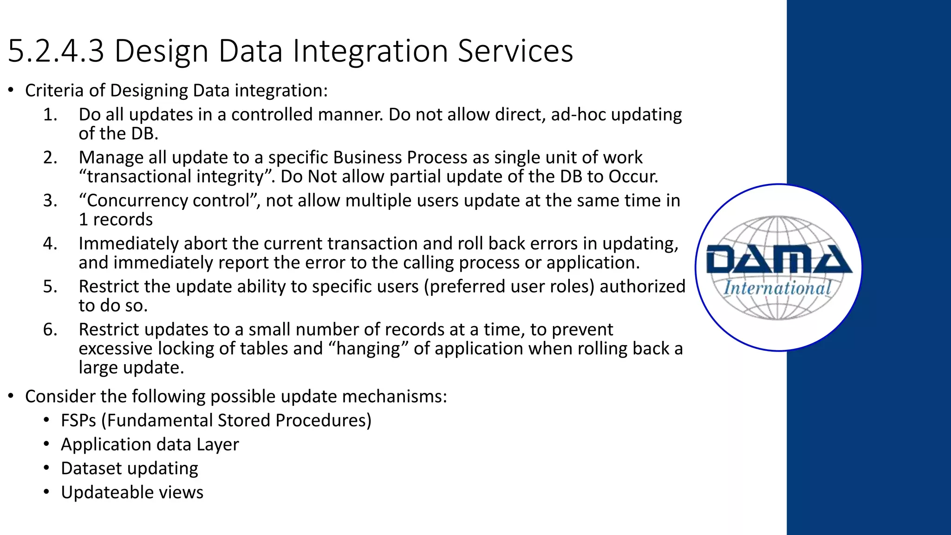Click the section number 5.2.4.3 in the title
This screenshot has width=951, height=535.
click(56, 51)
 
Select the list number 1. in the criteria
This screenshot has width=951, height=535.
click(50, 115)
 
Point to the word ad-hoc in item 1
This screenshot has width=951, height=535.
click(579, 115)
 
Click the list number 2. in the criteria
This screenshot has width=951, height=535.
click(50, 158)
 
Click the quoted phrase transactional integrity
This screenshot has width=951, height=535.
click(178, 177)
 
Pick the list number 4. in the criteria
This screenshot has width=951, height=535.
click(50, 244)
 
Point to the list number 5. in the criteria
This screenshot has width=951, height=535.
click(50, 287)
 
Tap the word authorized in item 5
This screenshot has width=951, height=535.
click(643, 287)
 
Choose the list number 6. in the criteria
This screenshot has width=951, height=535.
click(50, 330)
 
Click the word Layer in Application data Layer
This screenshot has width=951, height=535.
click(218, 445)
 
